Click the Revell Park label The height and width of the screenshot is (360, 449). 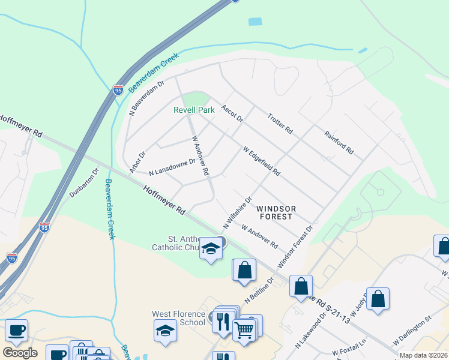pos(194,110)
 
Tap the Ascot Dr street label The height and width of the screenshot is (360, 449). pos(232,113)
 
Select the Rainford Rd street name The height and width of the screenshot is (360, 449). pos(339,142)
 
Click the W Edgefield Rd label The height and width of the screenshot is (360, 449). pos(261,161)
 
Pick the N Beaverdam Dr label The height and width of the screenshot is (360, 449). pos(146,99)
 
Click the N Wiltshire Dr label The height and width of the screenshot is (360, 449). pos(237,212)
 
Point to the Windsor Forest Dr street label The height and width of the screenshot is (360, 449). pos(295,247)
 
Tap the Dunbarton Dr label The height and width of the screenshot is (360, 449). pos(83,182)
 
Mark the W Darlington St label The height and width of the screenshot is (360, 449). pos(412,329)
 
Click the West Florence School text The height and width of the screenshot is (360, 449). pos(178,317)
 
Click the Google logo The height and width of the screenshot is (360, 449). pos(20,352)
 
